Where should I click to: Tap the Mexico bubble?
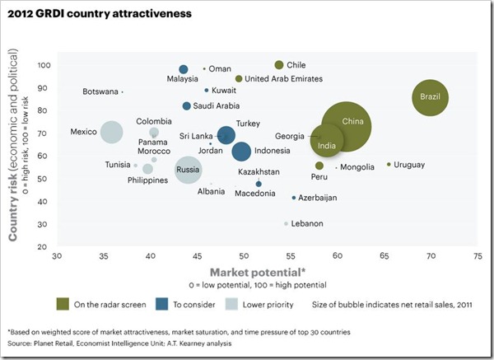[111, 132]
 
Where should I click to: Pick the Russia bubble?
[189, 170]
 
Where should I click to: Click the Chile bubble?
[279, 64]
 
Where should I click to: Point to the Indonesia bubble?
[241, 151]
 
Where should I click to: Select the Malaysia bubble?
[184, 69]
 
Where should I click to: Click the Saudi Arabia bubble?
[187, 105]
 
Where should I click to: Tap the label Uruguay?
[409, 166]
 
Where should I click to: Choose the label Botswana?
[100, 92]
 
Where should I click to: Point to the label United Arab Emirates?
[284, 79]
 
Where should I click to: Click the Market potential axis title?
[258, 271]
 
